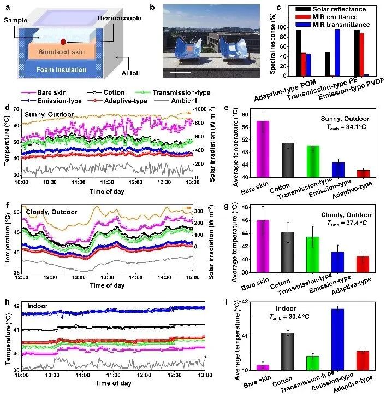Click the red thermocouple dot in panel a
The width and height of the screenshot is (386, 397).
click(x=64, y=42)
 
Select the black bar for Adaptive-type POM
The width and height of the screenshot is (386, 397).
click(x=299, y=52)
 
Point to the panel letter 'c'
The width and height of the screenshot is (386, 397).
click(x=279, y=7)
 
